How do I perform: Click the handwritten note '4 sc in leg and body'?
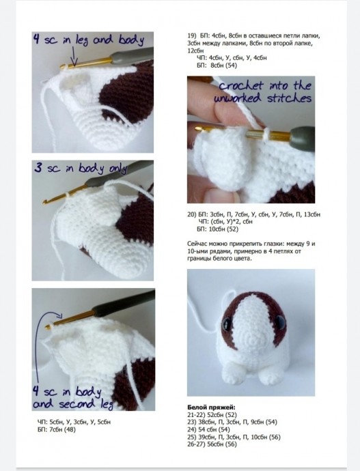click(x=89, y=40)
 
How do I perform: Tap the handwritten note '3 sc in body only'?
click(x=81, y=168)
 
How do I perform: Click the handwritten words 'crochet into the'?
click(x=265, y=85)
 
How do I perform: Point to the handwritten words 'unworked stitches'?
click(x=262, y=98)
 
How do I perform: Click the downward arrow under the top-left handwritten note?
click(x=74, y=57)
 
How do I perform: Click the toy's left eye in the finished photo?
click(x=227, y=324)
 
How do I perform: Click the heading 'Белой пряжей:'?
click(x=211, y=408)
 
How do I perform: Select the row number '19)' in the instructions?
click(x=192, y=35)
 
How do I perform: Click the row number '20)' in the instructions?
click(x=192, y=214)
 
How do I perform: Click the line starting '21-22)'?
click(x=212, y=415)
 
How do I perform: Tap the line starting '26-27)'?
click(x=212, y=444)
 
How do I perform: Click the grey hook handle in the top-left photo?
click(x=132, y=55)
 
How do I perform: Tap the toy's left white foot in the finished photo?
click(x=234, y=374)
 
